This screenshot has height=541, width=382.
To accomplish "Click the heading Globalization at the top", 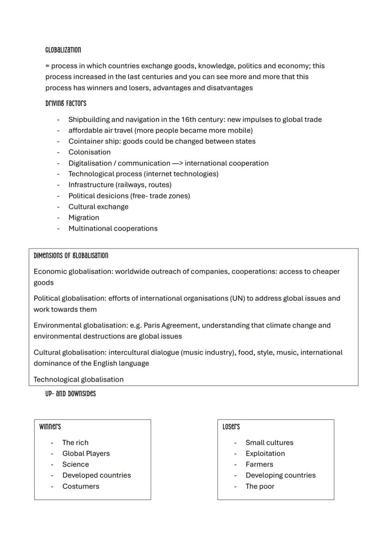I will pos(63,50).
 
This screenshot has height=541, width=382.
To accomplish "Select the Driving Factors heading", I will pos(66,103).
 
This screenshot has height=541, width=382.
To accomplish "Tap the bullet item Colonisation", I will pos(90,152).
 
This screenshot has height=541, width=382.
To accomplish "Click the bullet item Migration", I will pos(84,218).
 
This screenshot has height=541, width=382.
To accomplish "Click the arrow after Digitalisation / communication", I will pos(177,163).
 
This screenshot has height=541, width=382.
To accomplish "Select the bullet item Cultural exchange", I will pos(98,207).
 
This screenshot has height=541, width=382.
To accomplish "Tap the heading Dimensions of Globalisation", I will pos(71,255).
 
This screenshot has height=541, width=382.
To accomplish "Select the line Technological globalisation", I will pos(78,379).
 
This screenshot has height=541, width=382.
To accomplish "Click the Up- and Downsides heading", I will pos(71,394).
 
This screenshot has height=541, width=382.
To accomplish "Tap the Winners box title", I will pos(50,426).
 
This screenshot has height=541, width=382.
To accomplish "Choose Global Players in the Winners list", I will pos(86,453).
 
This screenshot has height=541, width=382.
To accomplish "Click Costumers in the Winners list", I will pos(81,486).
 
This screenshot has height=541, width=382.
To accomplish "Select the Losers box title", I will pos(231,426).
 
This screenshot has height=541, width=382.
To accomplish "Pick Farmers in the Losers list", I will pos(259,464).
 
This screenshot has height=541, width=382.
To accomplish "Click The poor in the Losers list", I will pos(260,486).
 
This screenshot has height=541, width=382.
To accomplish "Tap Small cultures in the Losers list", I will pos(269,443).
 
